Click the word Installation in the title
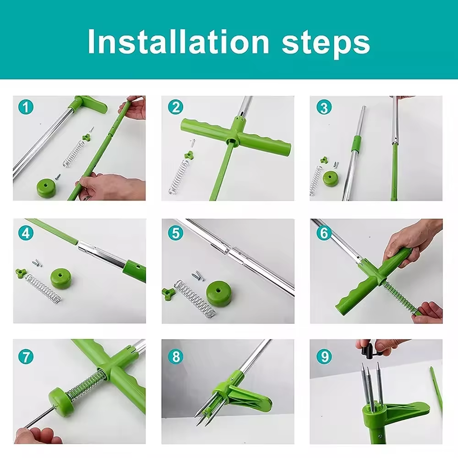tap(178, 42)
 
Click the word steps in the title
tap(326, 44)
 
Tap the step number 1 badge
tap(26, 107)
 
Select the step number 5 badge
tap(175, 234)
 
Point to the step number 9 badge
tap(324, 357)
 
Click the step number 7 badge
tap(26, 357)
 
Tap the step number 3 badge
tap(324, 107)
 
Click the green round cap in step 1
tap(47, 188)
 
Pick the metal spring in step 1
tap(73, 154)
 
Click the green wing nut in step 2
tap(189, 154)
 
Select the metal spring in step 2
tap(178, 177)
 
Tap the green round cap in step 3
tap(331, 179)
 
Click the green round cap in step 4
tap(61, 278)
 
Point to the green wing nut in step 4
tap(21, 273)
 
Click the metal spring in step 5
tap(195, 299)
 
